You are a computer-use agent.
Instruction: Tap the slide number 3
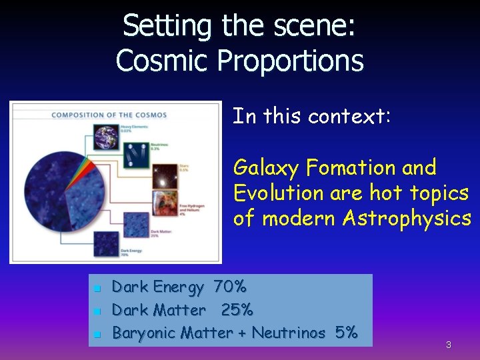click(449, 345)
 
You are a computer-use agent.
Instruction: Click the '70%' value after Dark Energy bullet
click(230, 287)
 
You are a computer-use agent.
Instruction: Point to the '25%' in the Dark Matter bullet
click(237, 310)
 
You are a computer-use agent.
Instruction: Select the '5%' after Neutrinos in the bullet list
click(347, 332)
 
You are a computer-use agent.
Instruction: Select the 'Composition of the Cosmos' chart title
click(109, 115)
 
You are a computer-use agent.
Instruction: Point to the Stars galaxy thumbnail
click(165, 173)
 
